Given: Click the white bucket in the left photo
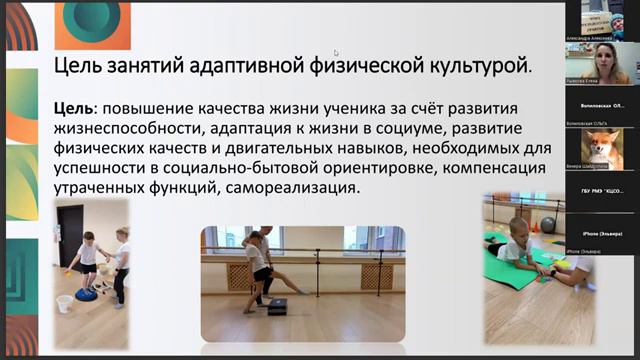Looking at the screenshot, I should [65, 301].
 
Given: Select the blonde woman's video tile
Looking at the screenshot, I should [603, 62].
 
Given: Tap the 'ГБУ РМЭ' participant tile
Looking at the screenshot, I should [603, 191].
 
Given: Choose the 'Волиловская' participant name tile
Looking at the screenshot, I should [603, 105].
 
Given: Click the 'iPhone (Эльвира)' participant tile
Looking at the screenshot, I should [603, 233].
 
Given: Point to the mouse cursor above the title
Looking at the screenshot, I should [336, 53].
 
